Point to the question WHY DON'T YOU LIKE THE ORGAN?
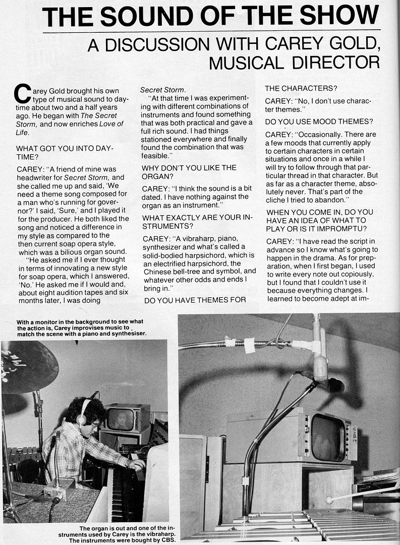(x=189, y=172)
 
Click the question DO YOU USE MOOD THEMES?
(x=319, y=122)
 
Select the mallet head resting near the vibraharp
(x=329, y=500)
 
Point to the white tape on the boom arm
(x=249, y=345)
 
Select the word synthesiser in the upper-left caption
(x=125, y=334)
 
